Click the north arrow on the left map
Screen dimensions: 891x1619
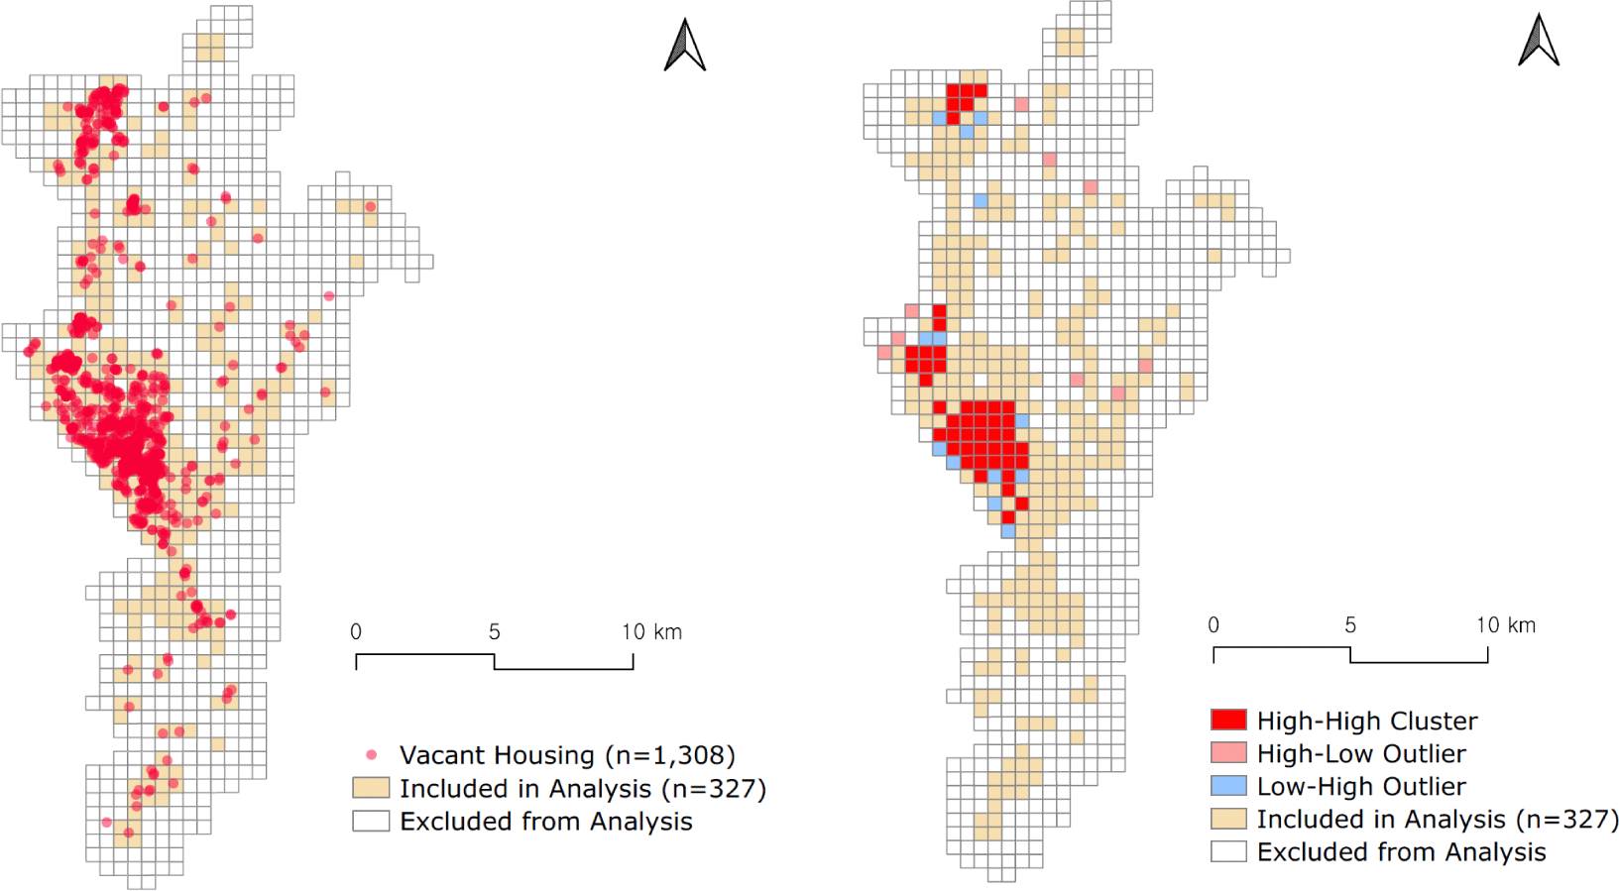(684, 47)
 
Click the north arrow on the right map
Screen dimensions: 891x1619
(1539, 42)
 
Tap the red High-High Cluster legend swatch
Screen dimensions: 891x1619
(1228, 721)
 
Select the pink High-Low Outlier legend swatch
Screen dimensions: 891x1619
(1228, 753)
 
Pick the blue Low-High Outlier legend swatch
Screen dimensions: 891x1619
(1228, 786)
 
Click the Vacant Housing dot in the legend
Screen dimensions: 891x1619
(372, 755)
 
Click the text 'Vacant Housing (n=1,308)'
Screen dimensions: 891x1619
(567, 755)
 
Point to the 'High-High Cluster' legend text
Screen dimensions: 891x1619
(1366, 721)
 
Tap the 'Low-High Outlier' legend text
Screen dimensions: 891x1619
(1360, 786)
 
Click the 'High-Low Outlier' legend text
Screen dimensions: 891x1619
(1360, 753)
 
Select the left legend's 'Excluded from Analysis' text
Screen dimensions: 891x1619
(545, 822)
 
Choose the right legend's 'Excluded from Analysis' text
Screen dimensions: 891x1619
(1401, 851)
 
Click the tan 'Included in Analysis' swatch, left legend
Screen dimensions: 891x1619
(371, 788)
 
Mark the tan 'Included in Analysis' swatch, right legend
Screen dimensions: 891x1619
(1228, 819)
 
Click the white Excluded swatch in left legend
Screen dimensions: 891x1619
(371, 821)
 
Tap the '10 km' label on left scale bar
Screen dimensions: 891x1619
(651, 632)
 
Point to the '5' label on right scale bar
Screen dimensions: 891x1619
(1350, 625)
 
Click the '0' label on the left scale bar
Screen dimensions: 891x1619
(356, 632)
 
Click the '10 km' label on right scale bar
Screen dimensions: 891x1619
(1505, 625)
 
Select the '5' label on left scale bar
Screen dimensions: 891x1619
(494, 632)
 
